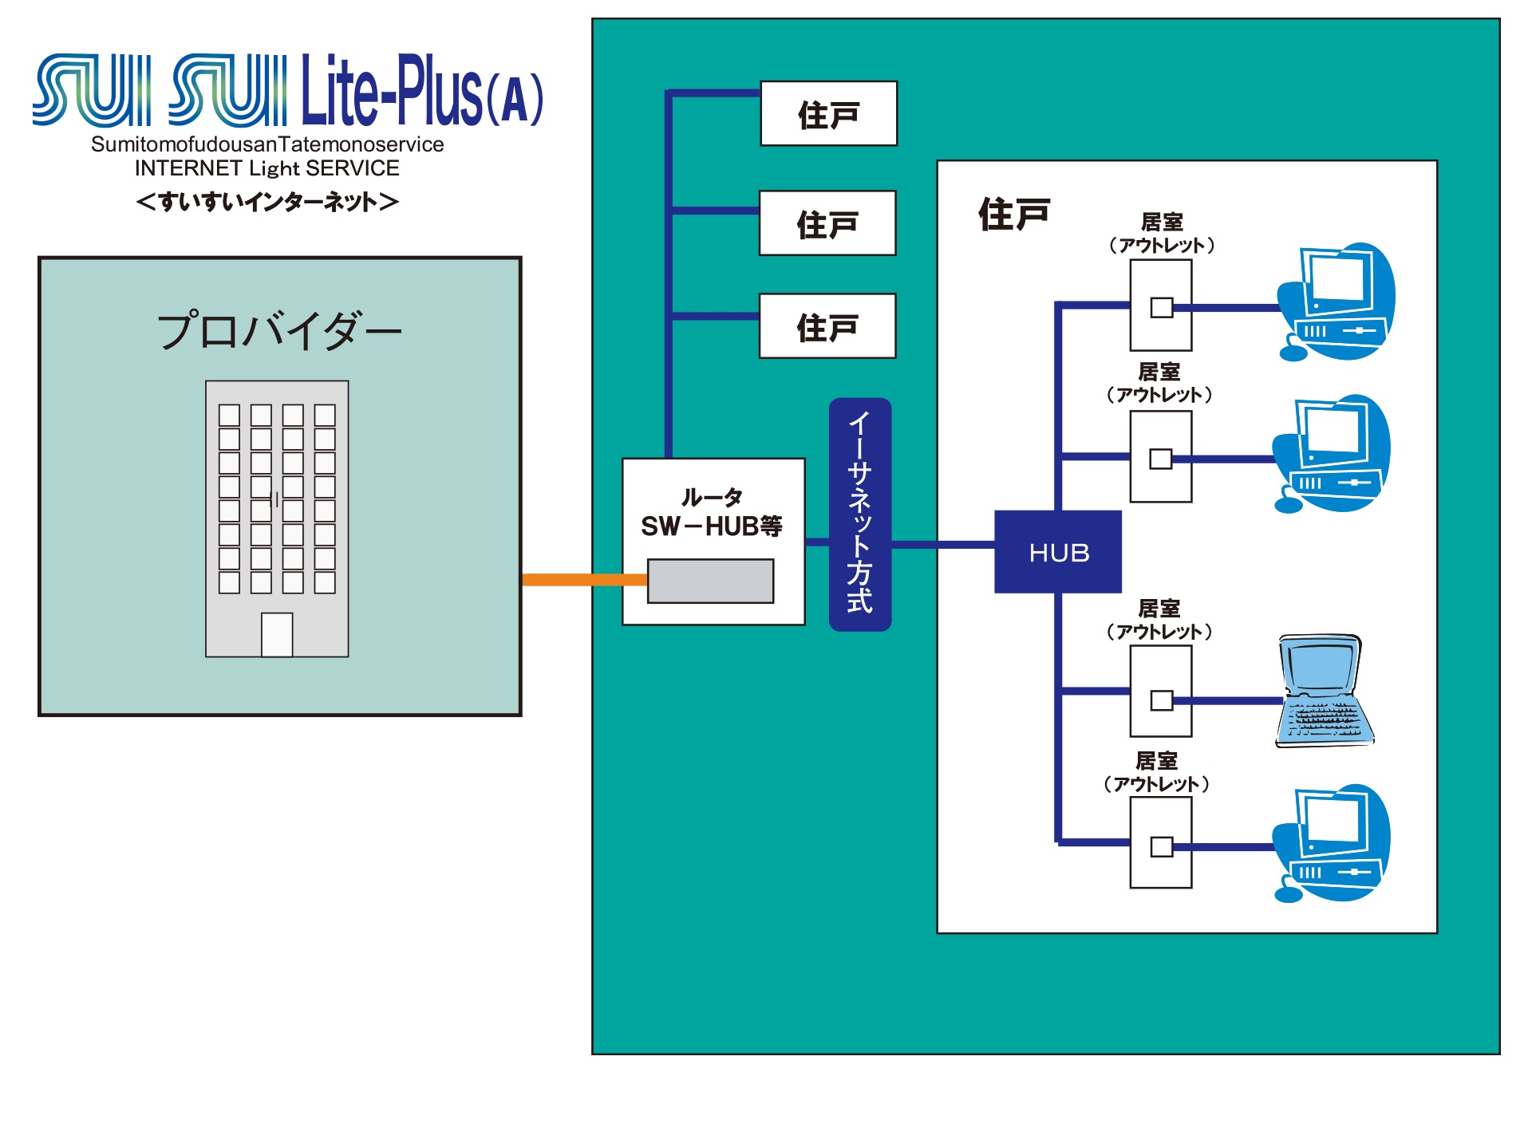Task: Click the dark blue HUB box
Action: click(1057, 552)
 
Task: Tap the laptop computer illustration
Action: click(1323, 692)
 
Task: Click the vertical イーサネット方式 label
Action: click(859, 514)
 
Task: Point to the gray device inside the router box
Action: click(710, 581)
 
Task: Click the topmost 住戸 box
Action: click(828, 114)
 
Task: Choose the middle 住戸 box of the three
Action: click(827, 223)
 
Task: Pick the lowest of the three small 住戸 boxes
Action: click(827, 326)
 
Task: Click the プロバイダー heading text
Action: click(279, 331)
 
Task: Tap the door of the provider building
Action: click(277, 635)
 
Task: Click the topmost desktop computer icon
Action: click(1337, 301)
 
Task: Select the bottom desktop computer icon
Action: click(1333, 844)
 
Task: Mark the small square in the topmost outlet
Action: click(1162, 307)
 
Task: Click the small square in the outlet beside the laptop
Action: click(1162, 700)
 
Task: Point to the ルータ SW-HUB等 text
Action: click(712, 513)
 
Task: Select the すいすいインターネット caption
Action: click(267, 202)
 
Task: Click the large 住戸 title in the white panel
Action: click(1013, 215)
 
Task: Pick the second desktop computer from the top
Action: click(1333, 453)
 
